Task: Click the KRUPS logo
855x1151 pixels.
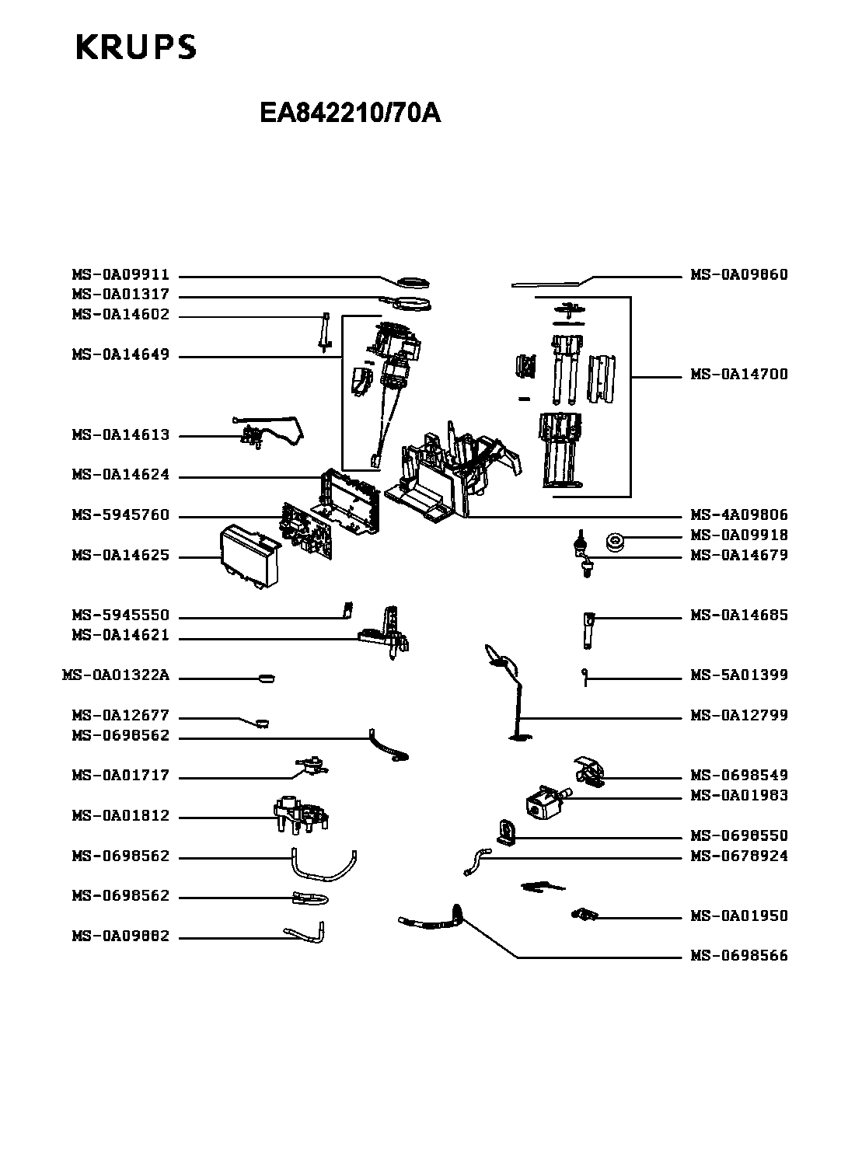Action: [x=136, y=47]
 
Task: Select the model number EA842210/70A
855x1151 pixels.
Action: [x=351, y=113]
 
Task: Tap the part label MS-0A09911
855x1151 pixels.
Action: [x=120, y=275]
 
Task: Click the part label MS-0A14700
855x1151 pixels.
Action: [x=739, y=375]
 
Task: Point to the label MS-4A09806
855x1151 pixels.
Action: [x=739, y=515]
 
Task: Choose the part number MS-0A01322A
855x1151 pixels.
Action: [x=115, y=675]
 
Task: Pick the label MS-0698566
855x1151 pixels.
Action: [x=739, y=956]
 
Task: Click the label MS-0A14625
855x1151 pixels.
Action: [x=120, y=556]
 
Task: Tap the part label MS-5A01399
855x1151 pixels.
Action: [x=739, y=675]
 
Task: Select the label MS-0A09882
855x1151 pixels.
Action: [x=120, y=937]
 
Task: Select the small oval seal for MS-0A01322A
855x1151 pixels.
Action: [x=266, y=678]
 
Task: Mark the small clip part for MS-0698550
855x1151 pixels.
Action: [x=505, y=832]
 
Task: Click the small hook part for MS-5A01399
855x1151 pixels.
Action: [x=583, y=675]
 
